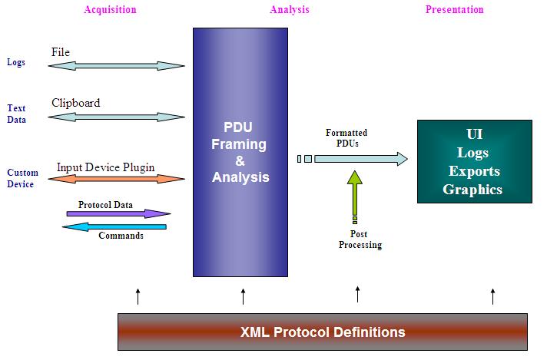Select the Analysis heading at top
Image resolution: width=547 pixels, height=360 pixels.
[x=289, y=10]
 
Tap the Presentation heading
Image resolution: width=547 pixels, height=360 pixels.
[x=455, y=10]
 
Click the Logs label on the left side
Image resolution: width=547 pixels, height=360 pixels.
[x=16, y=62]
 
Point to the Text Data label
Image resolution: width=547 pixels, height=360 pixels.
[x=16, y=114]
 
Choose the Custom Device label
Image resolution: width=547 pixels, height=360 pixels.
[x=21, y=178]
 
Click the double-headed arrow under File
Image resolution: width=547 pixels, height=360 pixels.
[x=117, y=66]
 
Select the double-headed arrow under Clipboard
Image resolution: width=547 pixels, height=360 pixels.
[x=117, y=117]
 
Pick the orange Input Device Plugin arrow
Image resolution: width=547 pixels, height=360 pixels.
[x=117, y=180]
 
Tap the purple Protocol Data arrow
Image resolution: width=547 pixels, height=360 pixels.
[x=118, y=213]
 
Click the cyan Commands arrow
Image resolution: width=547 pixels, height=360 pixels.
[x=114, y=226]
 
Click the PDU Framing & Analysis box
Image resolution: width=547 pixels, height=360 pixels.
[x=240, y=151]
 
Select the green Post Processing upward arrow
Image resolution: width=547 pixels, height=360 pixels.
[x=355, y=193]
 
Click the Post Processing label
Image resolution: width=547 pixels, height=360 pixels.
[x=360, y=240]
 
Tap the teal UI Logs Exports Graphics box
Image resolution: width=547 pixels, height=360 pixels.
[x=474, y=161]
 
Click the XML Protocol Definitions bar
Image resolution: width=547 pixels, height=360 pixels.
[x=323, y=332]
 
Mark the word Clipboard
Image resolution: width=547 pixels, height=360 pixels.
[x=75, y=103]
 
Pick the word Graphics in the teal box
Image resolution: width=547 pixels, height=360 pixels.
[x=472, y=190]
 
